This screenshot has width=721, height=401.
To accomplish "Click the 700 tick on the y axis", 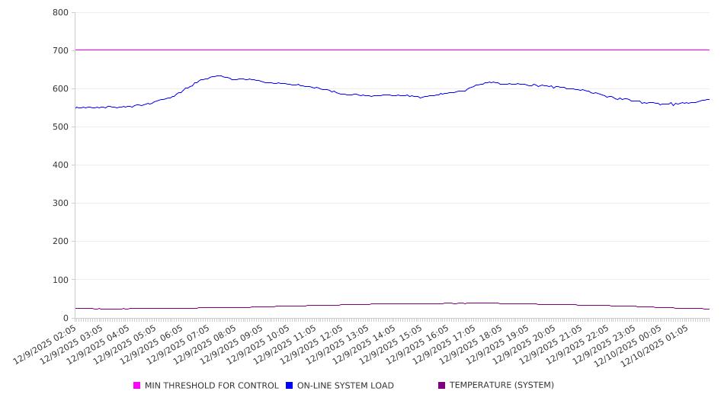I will click(60, 50).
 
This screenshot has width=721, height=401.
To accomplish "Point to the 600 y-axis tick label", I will click(60, 88).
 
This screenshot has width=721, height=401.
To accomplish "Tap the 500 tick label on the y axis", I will click(60, 127).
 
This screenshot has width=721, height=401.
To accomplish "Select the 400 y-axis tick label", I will click(60, 165).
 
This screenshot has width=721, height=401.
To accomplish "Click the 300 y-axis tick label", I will click(60, 203).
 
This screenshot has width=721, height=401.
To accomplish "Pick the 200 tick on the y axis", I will click(60, 241).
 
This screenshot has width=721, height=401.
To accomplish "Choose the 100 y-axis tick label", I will click(60, 280).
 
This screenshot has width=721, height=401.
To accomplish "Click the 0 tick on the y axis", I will click(66, 318).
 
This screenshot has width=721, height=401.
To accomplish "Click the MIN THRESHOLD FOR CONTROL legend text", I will click(211, 386).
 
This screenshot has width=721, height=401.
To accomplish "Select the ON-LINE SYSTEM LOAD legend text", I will click(345, 386).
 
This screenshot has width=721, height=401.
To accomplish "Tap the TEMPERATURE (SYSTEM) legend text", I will click(501, 386).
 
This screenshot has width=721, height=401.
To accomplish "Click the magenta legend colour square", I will click(137, 386).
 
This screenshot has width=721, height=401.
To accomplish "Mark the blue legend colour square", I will click(290, 386).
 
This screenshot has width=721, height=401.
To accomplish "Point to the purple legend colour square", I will click(442, 386).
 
